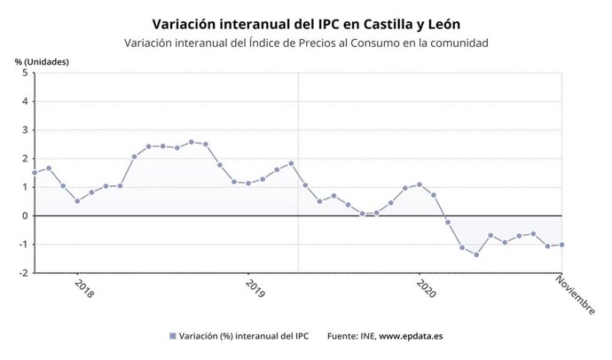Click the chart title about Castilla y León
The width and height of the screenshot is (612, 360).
tap(306, 22)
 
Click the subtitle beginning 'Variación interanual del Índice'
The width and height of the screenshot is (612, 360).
tap(306, 43)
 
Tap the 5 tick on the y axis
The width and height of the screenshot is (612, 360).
tap(25, 73)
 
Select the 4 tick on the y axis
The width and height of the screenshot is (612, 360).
tap(25, 102)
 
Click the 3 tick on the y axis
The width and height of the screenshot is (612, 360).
tap(25, 130)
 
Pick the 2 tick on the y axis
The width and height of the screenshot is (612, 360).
tap(25, 159)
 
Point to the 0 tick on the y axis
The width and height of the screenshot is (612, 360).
tap(25, 215)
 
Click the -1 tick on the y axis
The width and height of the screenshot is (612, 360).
tap(23, 245)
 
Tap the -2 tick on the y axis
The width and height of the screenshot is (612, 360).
tap(23, 273)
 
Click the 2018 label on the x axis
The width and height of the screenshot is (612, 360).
tap(82, 289)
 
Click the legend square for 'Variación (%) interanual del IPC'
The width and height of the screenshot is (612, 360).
tap(172, 336)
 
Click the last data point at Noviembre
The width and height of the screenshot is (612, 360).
tap(561, 245)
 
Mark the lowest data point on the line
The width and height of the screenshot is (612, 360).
tap(476, 255)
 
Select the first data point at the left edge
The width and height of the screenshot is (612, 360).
tap(35, 173)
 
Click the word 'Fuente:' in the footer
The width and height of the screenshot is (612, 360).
tap(344, 336)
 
